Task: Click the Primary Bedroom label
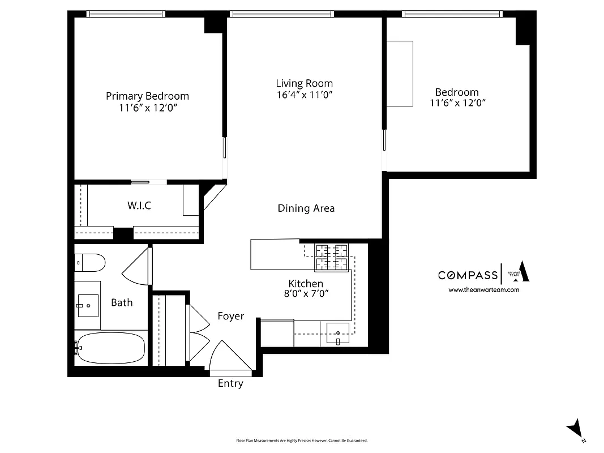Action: pos(147,96)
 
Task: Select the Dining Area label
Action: pos(306,208)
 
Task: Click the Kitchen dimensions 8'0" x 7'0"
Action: pos(306,293)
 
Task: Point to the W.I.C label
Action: pos(139,206)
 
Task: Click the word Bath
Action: pos(122,302)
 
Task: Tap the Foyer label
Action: pos(231,316)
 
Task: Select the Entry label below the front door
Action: pos(230,384)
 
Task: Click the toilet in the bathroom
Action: pos(91,262)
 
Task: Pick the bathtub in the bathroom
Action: pos(110,347)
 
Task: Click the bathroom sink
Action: pos(88,306)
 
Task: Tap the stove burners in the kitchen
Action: pos(332,258)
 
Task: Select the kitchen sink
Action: pos(337,334)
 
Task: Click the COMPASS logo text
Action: pos(468,275)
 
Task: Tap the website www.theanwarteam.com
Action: pos(483,290)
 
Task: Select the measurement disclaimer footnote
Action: pos(302,441)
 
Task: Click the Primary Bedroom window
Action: pos(126,14)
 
